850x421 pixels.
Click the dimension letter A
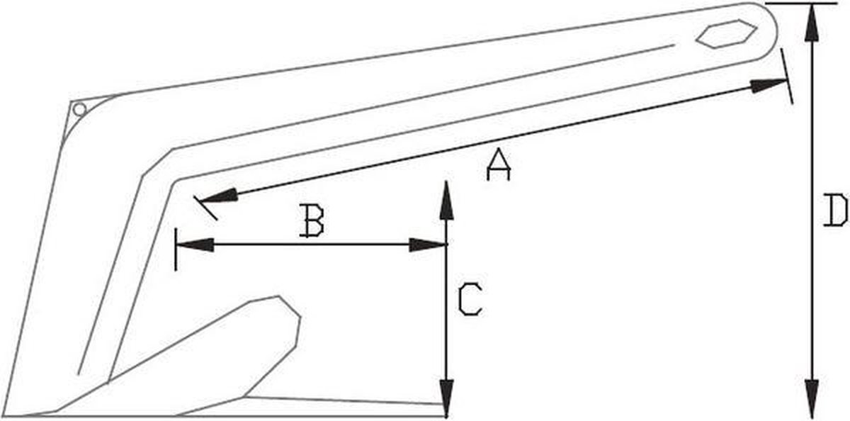(499, 164)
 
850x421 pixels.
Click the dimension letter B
(311, 221)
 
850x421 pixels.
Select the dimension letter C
(470, 299)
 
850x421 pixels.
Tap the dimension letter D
(836, 210)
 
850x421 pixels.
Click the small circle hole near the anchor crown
(79, 110)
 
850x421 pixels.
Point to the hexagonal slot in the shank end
(727, 34)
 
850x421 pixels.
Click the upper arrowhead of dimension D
(811, 22)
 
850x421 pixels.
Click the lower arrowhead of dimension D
(812, 398)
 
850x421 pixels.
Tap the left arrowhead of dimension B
(195, 245)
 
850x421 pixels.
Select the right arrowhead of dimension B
(428, 245)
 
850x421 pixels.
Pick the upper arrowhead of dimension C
(447, 201)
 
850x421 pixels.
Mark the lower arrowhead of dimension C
(447, 398)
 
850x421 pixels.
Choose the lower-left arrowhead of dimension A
(219, 196)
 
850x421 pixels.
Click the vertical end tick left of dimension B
(176, 249)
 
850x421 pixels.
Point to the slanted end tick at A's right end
(787, 76)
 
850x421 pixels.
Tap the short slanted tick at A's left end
(205, 208)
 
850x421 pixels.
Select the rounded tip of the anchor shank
(763, 30)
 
